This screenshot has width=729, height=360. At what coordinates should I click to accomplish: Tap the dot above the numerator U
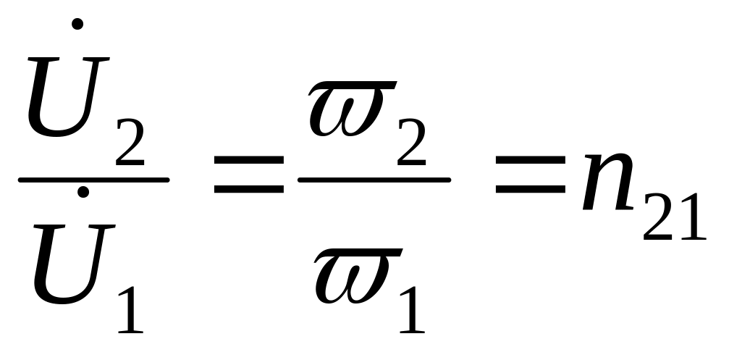(x=78, y=24)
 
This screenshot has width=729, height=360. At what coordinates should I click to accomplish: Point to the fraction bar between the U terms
(x=94, y=179)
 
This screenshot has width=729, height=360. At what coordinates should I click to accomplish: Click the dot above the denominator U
(x=83, y=192)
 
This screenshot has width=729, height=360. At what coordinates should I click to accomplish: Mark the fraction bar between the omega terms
(x=375, y=179)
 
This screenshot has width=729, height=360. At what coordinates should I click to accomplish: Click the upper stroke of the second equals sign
(x=530, y=167)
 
